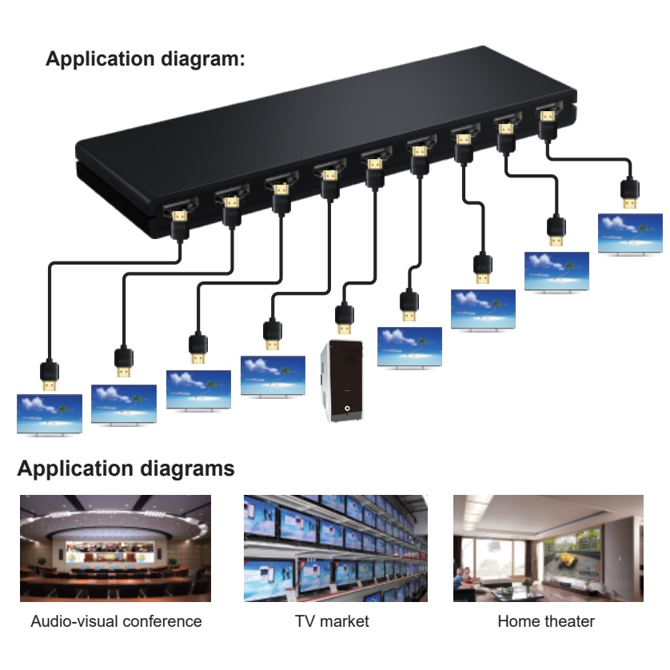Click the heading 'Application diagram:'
tap(146, 59)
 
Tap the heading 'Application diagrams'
tap(126, 469)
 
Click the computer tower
tap(342, 381)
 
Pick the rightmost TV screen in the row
tap(630, 233)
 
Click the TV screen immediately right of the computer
tap(409, 346)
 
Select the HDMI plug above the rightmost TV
tap(630, 194)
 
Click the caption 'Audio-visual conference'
tap(116, 621)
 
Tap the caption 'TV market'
tap(332, 621)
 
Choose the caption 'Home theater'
tap(546, 621)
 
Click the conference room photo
tap(116, 548)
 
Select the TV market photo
tap(335, 548)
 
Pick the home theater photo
tap(548, 548)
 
